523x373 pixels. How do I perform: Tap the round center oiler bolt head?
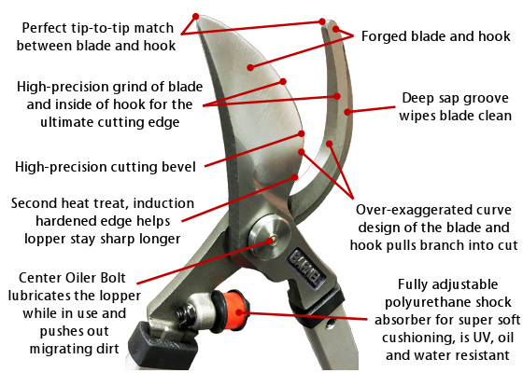[270, 237]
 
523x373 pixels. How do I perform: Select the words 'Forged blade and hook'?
[435, 36]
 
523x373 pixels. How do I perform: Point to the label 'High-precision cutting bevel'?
[106, 167]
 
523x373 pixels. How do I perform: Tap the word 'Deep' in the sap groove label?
[417, 99]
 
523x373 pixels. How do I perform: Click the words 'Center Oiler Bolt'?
[72, 278]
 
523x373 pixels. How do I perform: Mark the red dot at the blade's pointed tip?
[196, 17]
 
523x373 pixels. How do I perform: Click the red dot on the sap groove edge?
[347, 112]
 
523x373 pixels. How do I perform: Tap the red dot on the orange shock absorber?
[239, 312]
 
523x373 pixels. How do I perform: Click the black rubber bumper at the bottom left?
[159, 345]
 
